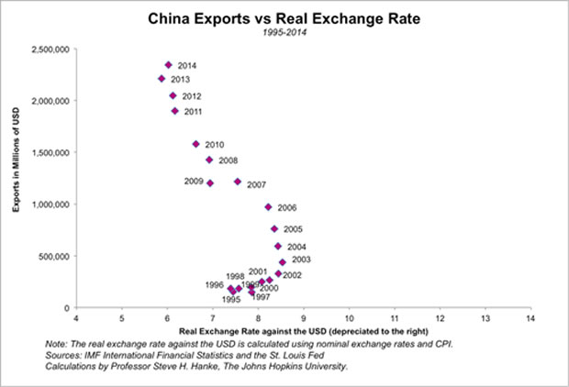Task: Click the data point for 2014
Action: click(168, 65)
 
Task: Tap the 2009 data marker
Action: click(210, 182)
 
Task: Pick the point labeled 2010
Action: click(195, 144)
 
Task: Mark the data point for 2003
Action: click(283, 262)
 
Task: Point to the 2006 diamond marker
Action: click(268, 207)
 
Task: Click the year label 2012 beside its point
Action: click(192, 96)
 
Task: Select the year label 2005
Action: click(293, 229)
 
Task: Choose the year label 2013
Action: click(180, 80)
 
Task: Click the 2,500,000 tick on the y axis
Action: click(50, 49)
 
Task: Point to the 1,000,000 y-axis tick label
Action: click(50, 205)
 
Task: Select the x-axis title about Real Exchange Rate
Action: click(303, 329)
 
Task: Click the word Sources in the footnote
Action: click(64, 355)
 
